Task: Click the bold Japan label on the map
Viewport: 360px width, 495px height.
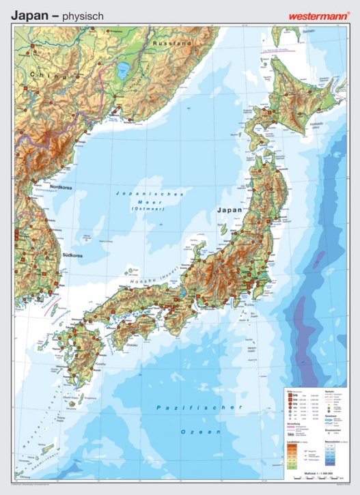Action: click(230, 210)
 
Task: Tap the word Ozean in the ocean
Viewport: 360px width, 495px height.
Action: click(201, 432)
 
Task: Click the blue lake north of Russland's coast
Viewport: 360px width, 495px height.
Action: click(124, 70)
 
